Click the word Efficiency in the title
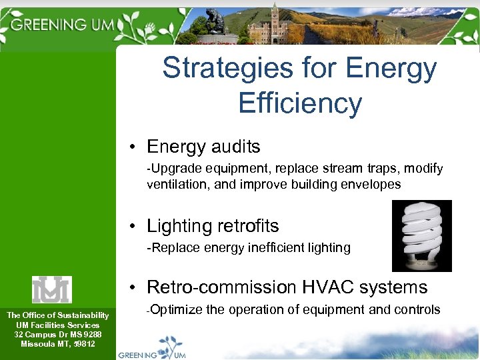coord(299,103)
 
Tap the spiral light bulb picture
coord(421,236)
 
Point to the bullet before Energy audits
coord(134,147)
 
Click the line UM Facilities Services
coord(57,325)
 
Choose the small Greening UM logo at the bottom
coord(152,352)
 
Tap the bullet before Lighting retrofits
coord(134,226)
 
